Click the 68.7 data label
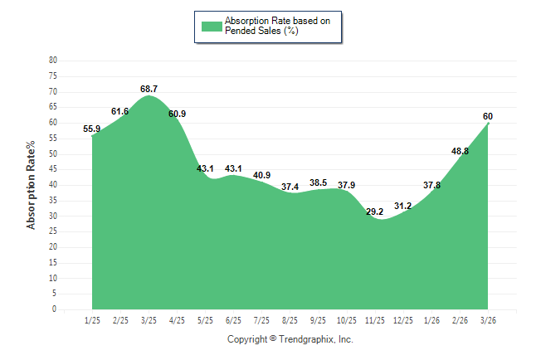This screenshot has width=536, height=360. coord(149,88)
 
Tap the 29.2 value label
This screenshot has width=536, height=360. coord(375,212)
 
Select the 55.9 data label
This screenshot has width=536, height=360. coord(92,129)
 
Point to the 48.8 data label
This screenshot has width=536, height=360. coord(460,151)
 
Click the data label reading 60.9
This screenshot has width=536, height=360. coord(177,114)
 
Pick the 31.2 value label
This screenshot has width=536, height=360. coord(403,206)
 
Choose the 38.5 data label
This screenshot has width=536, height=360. coord(319,182)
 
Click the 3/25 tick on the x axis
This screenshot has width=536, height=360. coord(149,320)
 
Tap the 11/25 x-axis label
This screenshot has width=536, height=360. coord(375,320)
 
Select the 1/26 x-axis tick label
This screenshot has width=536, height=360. coord(432,320)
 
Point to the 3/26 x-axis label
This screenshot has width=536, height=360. coord(489,320)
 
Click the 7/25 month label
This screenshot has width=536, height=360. coord(262,320)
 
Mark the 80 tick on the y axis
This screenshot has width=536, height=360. coord(53,61)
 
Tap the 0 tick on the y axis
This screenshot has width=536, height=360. coord(55,309)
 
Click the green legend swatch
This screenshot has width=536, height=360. coord(211,27)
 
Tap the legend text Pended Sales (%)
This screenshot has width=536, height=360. coord(261,31)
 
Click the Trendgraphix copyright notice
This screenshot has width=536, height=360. coord(290,339)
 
